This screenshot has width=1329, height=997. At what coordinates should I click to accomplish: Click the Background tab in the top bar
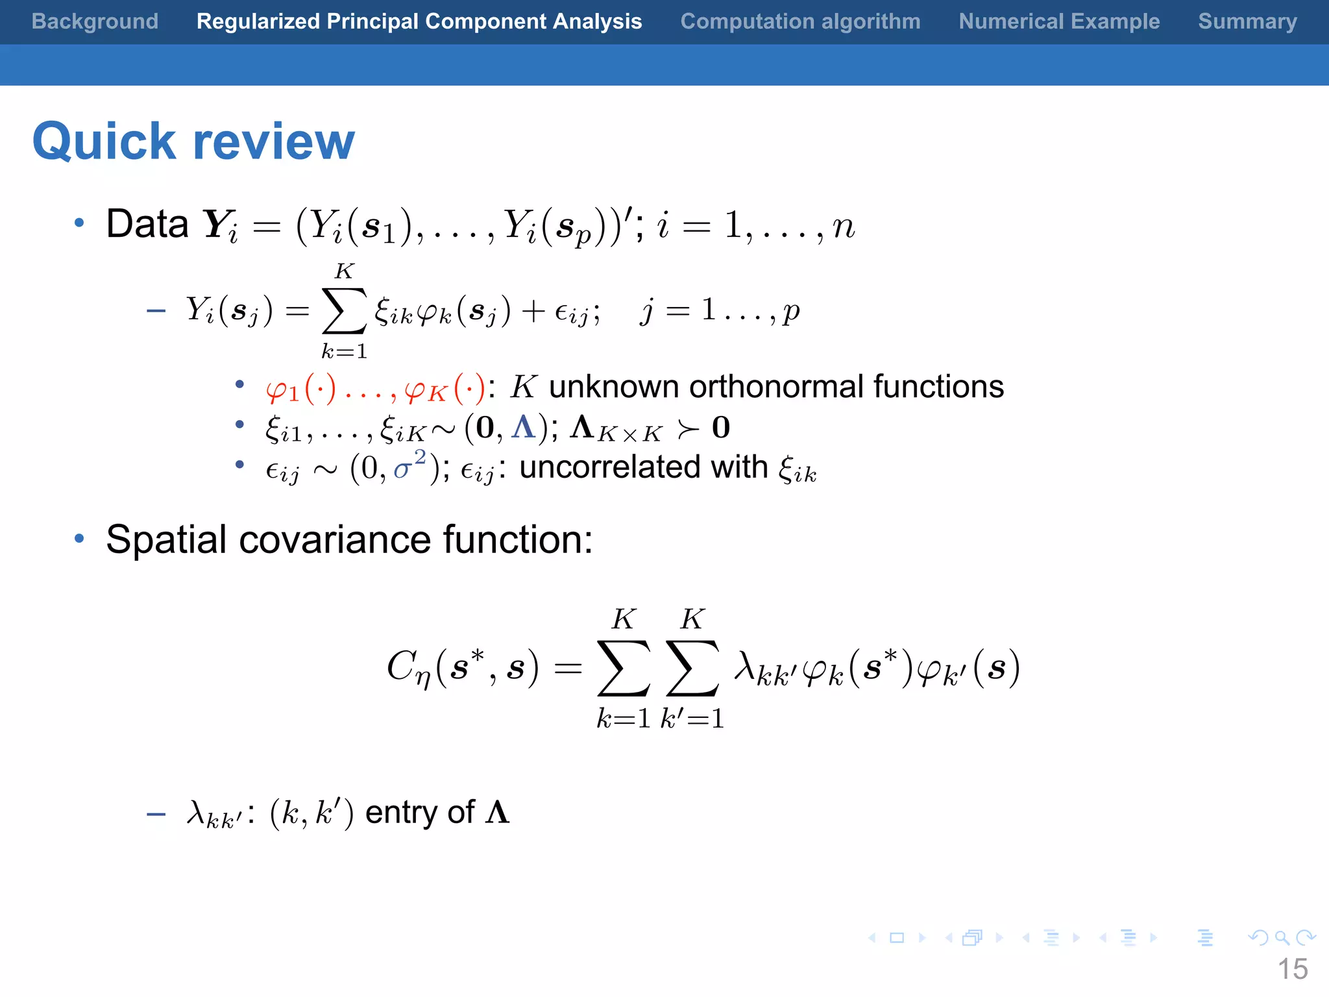coord(95,21)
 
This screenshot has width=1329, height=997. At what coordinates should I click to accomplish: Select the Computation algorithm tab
coord(800,21)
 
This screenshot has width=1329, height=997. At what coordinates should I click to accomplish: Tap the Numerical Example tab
coord(1059,21)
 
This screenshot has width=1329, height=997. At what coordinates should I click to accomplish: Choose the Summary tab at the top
coord(1247,21)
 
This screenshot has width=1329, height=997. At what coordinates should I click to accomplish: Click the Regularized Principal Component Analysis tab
coord(419,21)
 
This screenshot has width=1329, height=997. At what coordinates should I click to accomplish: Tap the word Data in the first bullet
coord(147,224)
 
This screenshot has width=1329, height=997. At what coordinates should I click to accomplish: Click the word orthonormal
coord(776,387)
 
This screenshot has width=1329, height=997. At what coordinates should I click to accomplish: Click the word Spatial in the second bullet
coord(167,539)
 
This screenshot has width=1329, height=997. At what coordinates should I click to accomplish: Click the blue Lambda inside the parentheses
coord(523,427)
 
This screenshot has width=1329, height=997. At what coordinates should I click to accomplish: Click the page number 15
coord(1292,969)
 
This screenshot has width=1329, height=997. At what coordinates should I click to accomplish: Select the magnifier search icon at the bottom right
coord(1282,937)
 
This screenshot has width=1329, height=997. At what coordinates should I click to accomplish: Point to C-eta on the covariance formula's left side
coord(408,668)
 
